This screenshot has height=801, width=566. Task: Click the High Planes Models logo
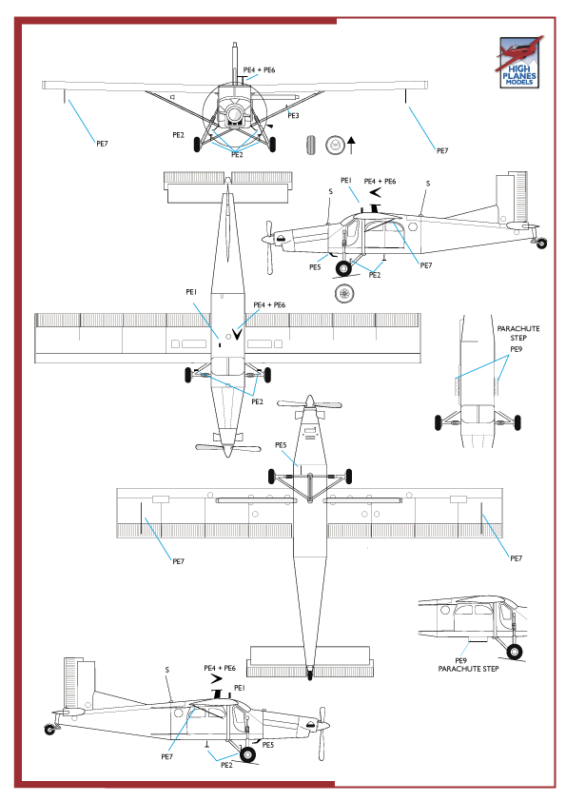point(519,65)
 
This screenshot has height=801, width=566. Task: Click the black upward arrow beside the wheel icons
point(351,145)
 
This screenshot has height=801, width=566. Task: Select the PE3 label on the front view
point(293,116)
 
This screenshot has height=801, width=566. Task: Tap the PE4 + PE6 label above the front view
point(259,70)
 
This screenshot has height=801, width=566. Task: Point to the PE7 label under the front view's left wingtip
point(102,143)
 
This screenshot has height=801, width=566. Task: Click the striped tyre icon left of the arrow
point(313,146)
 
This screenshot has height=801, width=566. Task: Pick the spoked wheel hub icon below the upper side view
point(344,294)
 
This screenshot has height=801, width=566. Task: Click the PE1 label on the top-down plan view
point(191,292)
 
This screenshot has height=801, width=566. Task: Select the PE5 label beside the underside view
point(281,445)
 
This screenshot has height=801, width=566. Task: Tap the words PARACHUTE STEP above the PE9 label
point(518,333)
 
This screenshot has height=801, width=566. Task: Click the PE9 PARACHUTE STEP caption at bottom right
point(468,665)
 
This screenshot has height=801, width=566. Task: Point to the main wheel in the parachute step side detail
point(515,652)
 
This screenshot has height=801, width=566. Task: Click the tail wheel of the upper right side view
point(542,244)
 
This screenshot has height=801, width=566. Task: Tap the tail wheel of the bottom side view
point(49,729)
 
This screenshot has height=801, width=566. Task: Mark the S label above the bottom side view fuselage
point(167,670)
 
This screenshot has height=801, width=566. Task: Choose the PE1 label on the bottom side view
point(240,687)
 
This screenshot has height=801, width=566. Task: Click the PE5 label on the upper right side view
point(315,267)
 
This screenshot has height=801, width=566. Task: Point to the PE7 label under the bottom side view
point(167,756)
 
